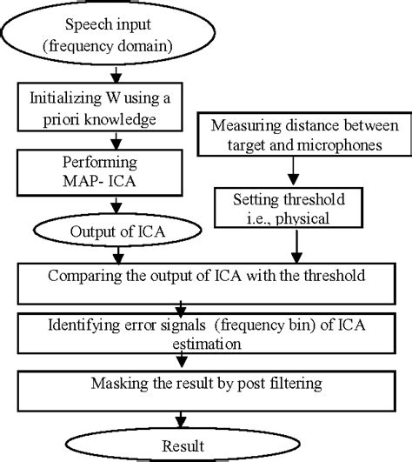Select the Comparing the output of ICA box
point(205,278)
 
